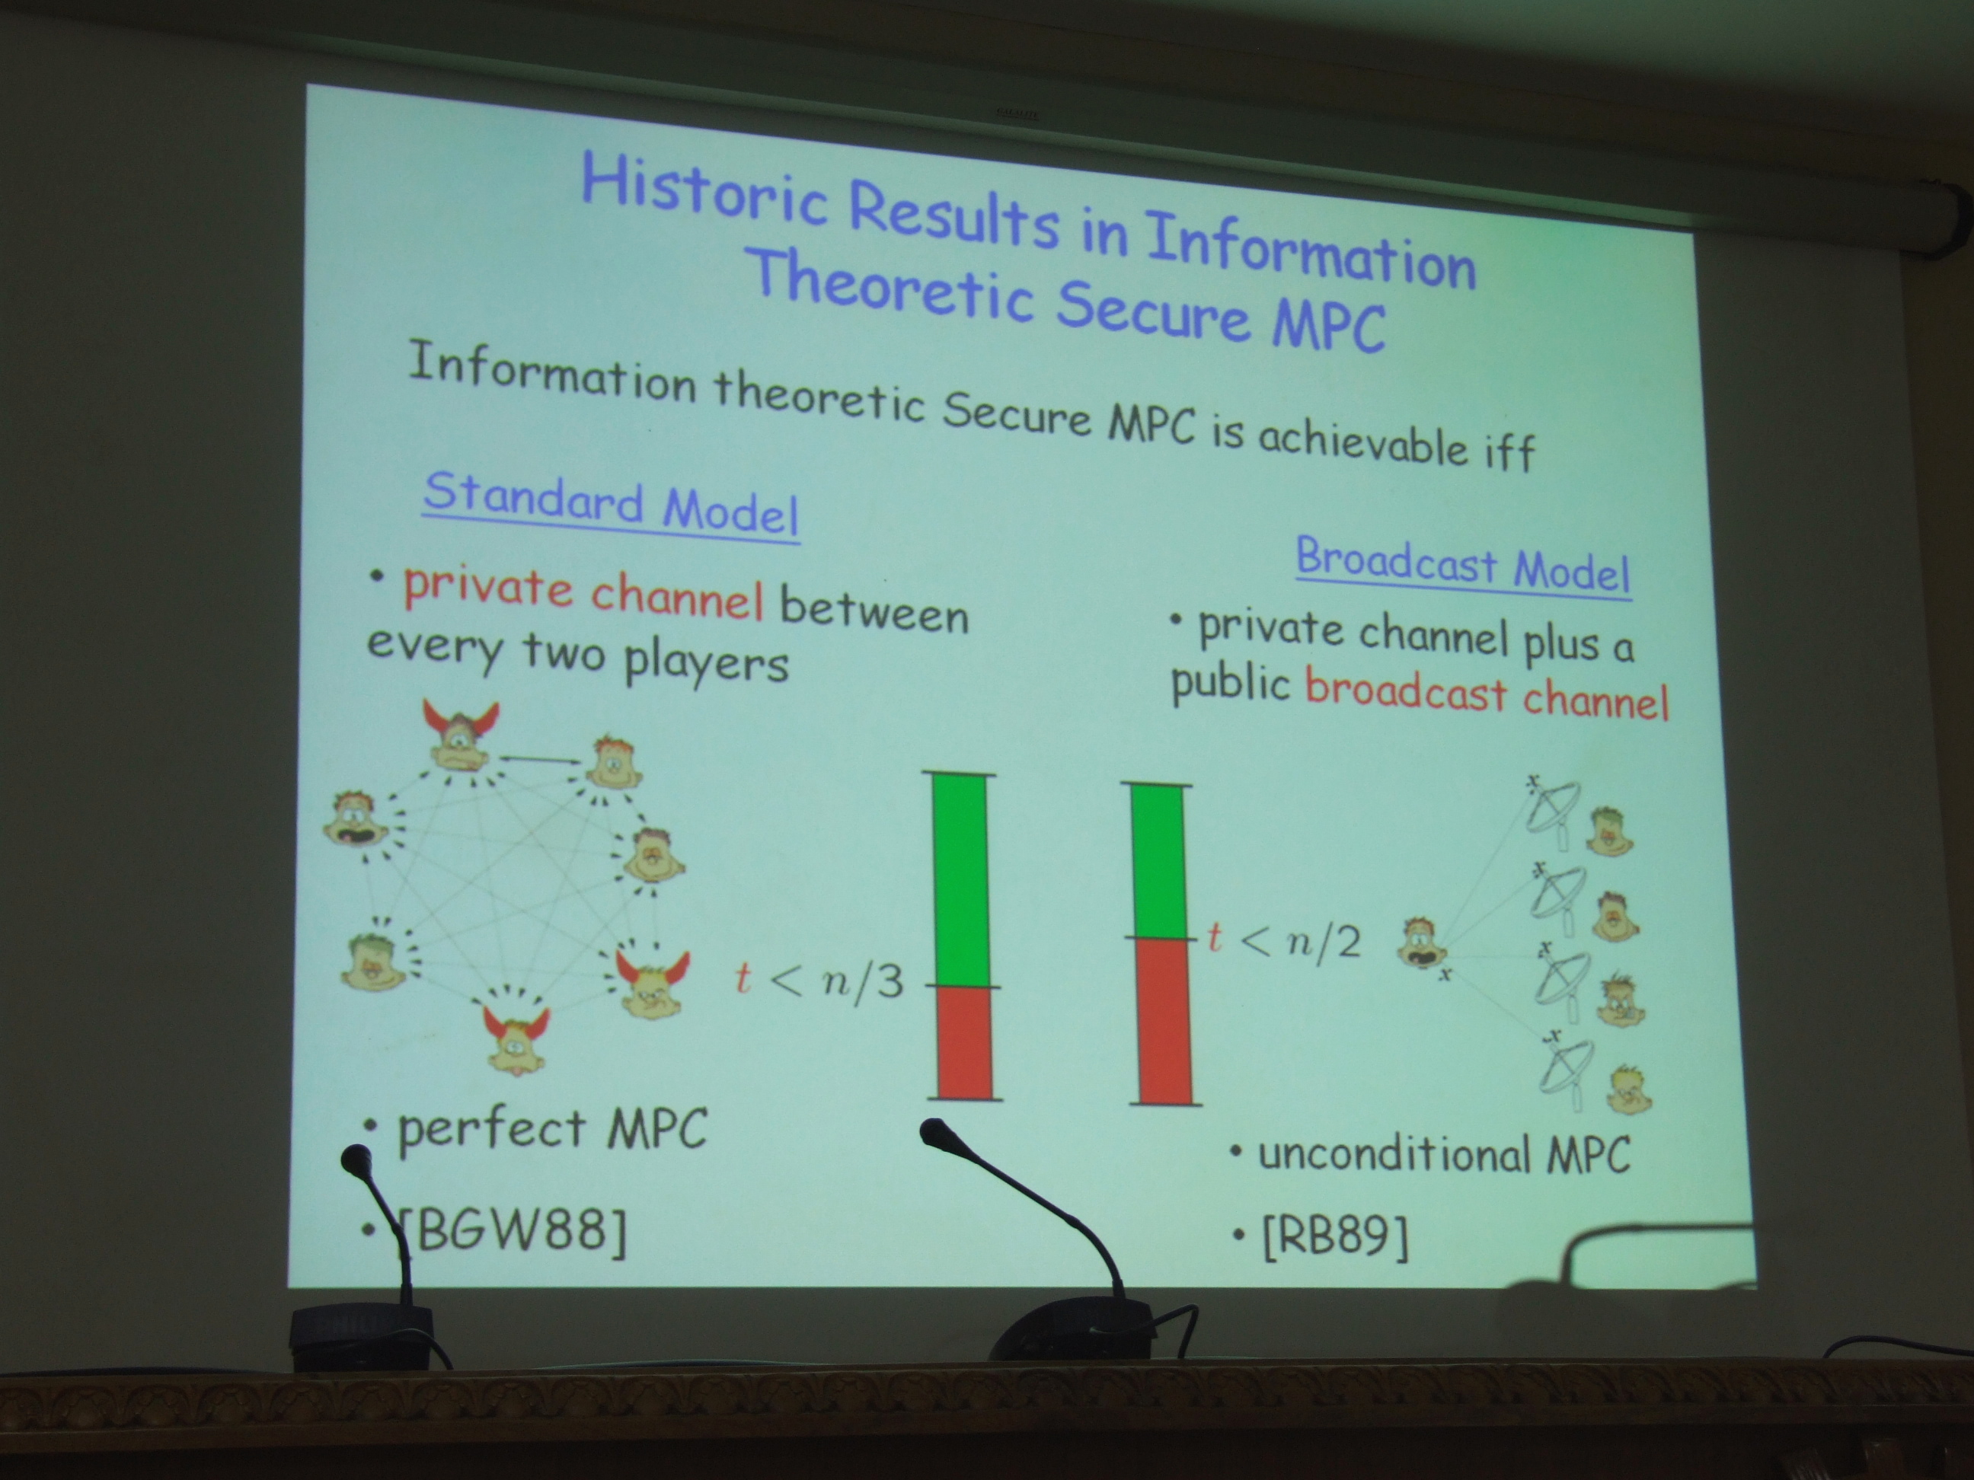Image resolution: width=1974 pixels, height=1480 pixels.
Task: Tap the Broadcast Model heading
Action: point(1464,566)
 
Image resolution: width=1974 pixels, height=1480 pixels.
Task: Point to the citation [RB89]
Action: point(1336,1236)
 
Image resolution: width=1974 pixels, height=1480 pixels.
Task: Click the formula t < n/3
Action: point(819,981)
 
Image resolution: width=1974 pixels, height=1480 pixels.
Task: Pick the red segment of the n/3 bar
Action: point(965,1042)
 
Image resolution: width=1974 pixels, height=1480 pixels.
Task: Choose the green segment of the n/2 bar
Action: point(1159,862)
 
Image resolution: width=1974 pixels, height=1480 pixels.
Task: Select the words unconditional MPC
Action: point(1444,1153)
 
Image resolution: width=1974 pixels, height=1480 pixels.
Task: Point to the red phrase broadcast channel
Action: point(1487,695)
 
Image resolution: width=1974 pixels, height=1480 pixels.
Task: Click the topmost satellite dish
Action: point(1552,807)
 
